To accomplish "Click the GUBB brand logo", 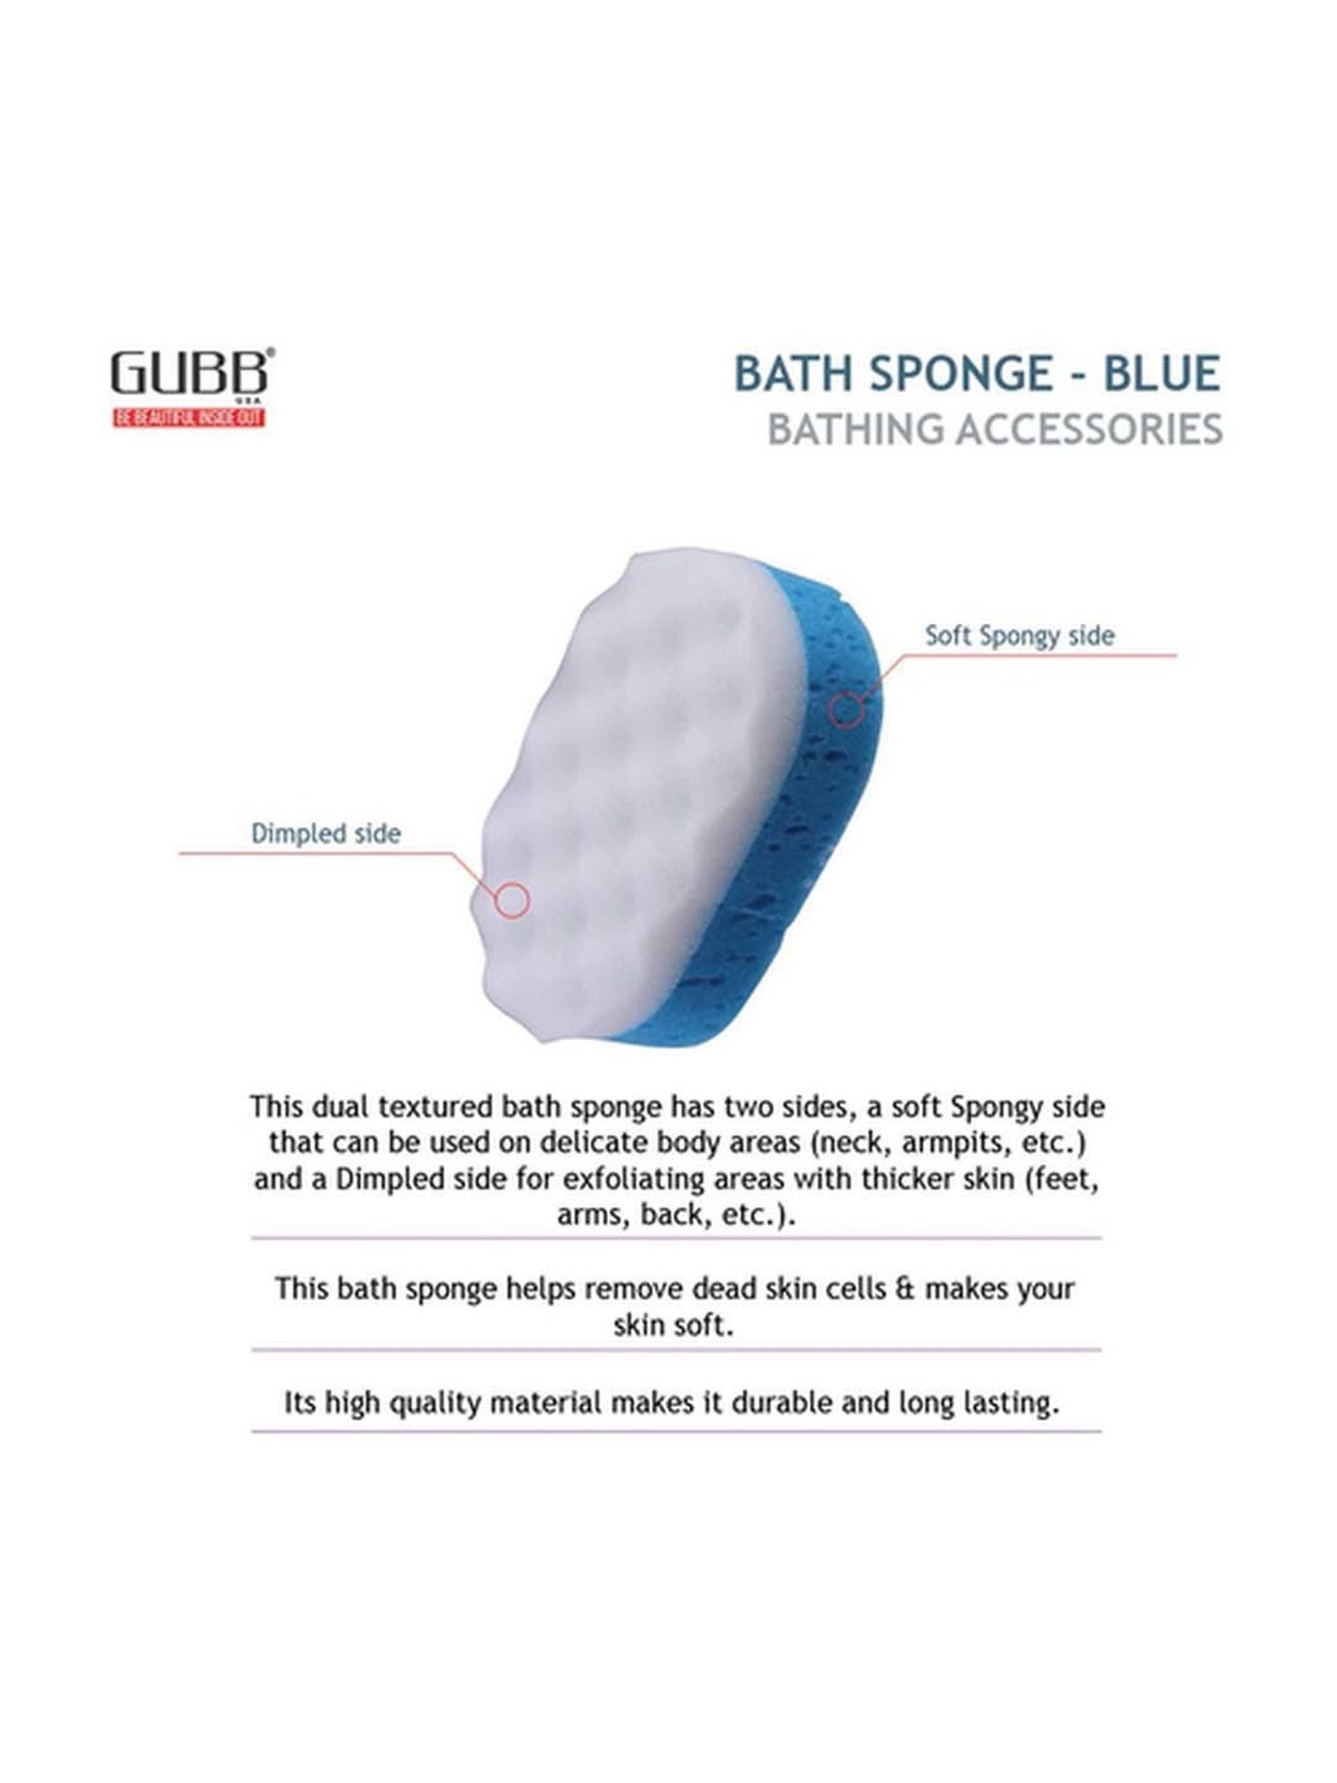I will point(190,373).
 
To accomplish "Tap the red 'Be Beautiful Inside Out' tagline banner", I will point(189,417).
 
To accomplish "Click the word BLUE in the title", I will point(1161,374).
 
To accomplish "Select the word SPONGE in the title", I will point(962,374).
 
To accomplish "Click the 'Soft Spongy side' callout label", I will point(1019,636).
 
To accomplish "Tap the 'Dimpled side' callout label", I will point(325,834).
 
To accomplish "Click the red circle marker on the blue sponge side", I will point(846,710).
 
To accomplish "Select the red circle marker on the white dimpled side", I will point(512,900).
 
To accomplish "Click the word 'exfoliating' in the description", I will point(633,1179).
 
